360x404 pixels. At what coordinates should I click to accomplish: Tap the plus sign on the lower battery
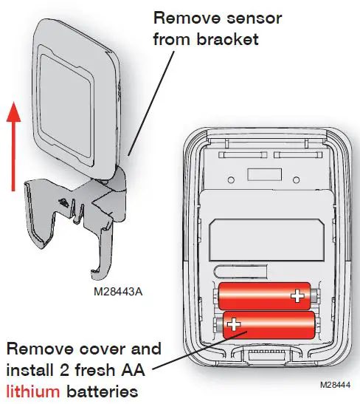coord(234,323)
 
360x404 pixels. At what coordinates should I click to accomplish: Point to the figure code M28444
coord(333,386)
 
